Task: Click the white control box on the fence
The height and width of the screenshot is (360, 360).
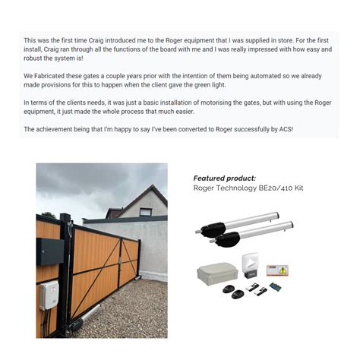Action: click(49, 295)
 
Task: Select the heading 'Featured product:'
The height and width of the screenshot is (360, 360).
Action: click(225, 178)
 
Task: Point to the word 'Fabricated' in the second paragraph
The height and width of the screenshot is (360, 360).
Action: click(53, 76)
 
